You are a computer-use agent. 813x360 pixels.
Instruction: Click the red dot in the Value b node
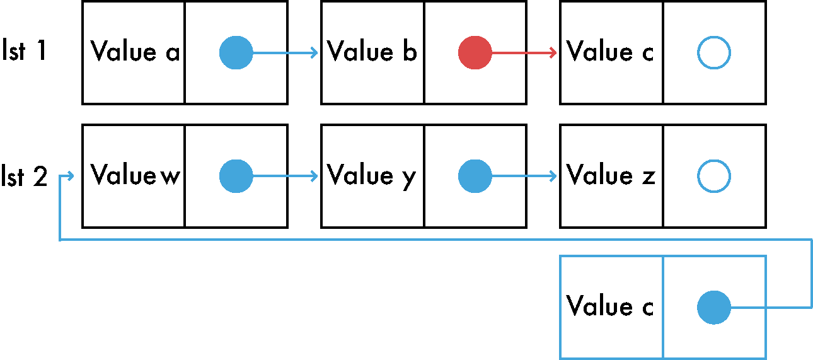click(x=475, y=52)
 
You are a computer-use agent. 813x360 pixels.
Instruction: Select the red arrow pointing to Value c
click(x=524, y=52)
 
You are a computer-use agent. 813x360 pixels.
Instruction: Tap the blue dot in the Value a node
click(x=236, y=52)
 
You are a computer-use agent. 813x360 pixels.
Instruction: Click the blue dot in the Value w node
click(x=236, y=176)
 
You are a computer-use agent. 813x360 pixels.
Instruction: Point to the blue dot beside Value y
click(x=475, y=176)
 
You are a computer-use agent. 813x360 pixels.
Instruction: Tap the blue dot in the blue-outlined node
click(x=714, y=308)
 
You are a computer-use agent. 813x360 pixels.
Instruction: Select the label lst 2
click(x=25, y=176)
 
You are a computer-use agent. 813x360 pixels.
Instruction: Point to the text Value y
click(x=371, y=177)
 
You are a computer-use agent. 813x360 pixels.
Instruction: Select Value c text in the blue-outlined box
click(x=610, y=305)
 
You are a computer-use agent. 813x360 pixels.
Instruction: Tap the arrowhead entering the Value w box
click(x=71, y=176)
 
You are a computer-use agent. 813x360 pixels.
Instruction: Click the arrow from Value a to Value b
click(x=285, y=52)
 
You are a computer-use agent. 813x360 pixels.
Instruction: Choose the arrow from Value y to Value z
click(x=524, y=176)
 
